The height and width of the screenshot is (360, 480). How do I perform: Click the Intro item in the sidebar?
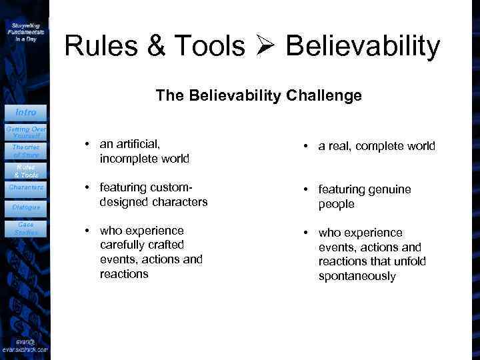click(x=25, y=112)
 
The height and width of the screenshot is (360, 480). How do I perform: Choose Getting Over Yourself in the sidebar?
click(x=25, y=131)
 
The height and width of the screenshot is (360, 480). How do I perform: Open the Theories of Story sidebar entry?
click(x=25, y=151)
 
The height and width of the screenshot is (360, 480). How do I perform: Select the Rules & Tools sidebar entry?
click(x=25, y=171)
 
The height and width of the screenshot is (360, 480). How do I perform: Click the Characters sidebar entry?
click(x=25, y=187)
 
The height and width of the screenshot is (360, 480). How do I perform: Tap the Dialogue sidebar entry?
click(x=25, y=207)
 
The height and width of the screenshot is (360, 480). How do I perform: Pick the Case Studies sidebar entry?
click(x=25, y=228)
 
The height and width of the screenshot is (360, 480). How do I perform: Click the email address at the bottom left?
click(x=25, y=345)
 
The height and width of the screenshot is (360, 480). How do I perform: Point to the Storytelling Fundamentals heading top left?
click(x=25, y=31)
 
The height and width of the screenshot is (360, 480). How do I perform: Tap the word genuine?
click(x=389, y=189)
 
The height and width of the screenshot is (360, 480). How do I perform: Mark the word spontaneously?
click(x=357, y=276)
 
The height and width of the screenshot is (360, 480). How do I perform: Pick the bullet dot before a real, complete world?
click(x=305, y=146)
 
